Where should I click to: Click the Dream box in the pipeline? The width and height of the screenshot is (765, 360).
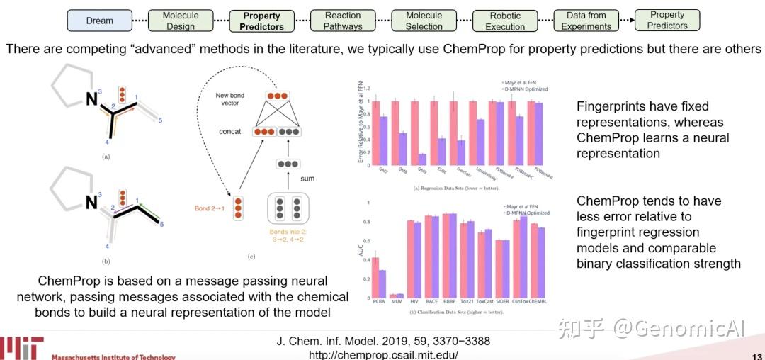coord(100,21)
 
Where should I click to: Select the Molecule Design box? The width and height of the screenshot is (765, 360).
coord(181,21)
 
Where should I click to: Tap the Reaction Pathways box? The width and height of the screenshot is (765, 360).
coord(343,21)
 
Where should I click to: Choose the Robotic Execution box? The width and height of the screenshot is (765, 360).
coord(505,21)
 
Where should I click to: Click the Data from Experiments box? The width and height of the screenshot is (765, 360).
coord(586,21)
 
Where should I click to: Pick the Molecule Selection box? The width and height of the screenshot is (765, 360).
coord(424,21)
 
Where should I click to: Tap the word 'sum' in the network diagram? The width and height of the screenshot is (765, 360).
coord(307,179)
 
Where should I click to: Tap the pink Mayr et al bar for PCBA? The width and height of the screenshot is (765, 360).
coord(375,277)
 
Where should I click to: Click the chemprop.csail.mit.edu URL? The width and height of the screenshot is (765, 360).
coord(383,354)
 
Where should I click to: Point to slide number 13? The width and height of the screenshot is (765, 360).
coord(756,356)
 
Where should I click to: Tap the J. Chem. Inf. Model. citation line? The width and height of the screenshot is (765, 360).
coord(383,341)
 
